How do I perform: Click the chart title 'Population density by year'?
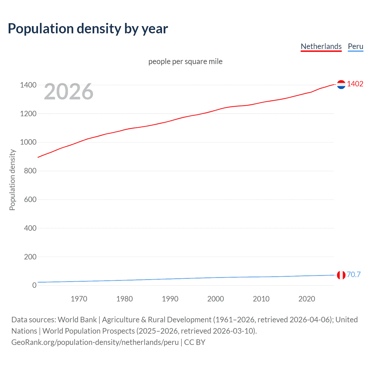click(88, 29)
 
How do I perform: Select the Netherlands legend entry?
click(321, 46)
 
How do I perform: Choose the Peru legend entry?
click(355, 46)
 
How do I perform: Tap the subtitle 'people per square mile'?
click(185, 61)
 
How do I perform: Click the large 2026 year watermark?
click(69, 92)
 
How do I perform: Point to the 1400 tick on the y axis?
click(28, 85)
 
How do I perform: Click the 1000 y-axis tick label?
click(28, 142)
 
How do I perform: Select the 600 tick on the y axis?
click(30, 199)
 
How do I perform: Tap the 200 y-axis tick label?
click(30, 257)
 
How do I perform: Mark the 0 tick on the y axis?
click(34, 285)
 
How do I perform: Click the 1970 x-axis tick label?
click(79, 299)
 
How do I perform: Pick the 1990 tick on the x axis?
click(170, 299)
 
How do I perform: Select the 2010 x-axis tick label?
click(261, 299)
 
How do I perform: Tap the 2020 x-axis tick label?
click(307, 299)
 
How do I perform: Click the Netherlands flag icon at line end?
click(341, 84)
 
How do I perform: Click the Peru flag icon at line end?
click(341, 275)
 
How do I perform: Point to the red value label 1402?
click(355, 84)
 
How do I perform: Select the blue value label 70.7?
click(354, 274)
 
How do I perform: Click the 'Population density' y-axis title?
click(12, 180)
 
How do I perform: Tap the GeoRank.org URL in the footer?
click(95, 342)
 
